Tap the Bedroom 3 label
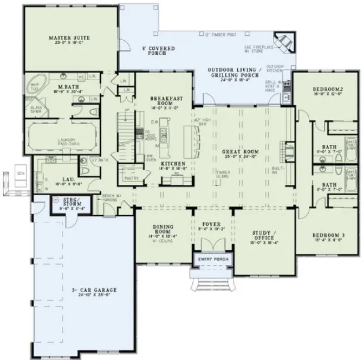point(328,236)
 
